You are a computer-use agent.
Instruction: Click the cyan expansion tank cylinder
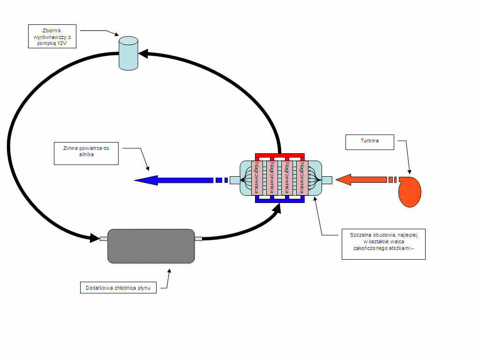(128, 53)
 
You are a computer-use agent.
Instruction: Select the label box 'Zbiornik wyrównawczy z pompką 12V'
(52, 37)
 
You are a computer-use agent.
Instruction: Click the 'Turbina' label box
(369, 142)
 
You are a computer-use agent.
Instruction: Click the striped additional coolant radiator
(151, 247)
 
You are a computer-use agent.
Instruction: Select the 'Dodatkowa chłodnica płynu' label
(118, 288)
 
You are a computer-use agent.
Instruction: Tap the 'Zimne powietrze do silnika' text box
(86, 153)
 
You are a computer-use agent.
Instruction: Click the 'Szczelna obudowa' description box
(383, 244)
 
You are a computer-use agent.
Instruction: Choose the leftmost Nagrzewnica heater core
(256, 178)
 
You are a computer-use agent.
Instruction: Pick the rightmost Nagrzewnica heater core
(302, 178)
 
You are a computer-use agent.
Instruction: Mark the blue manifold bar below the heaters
(280, 201)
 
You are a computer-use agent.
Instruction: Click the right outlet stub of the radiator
(198, 239)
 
